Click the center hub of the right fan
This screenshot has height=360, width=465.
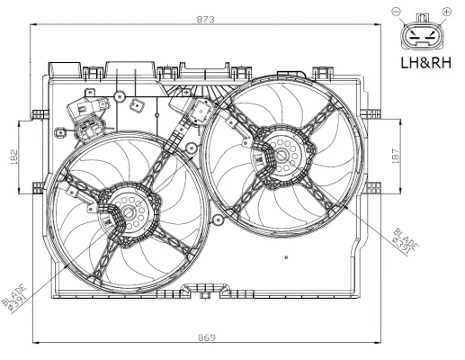(x=278, y=155)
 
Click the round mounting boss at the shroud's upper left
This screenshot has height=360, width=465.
(x=60, y=134)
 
